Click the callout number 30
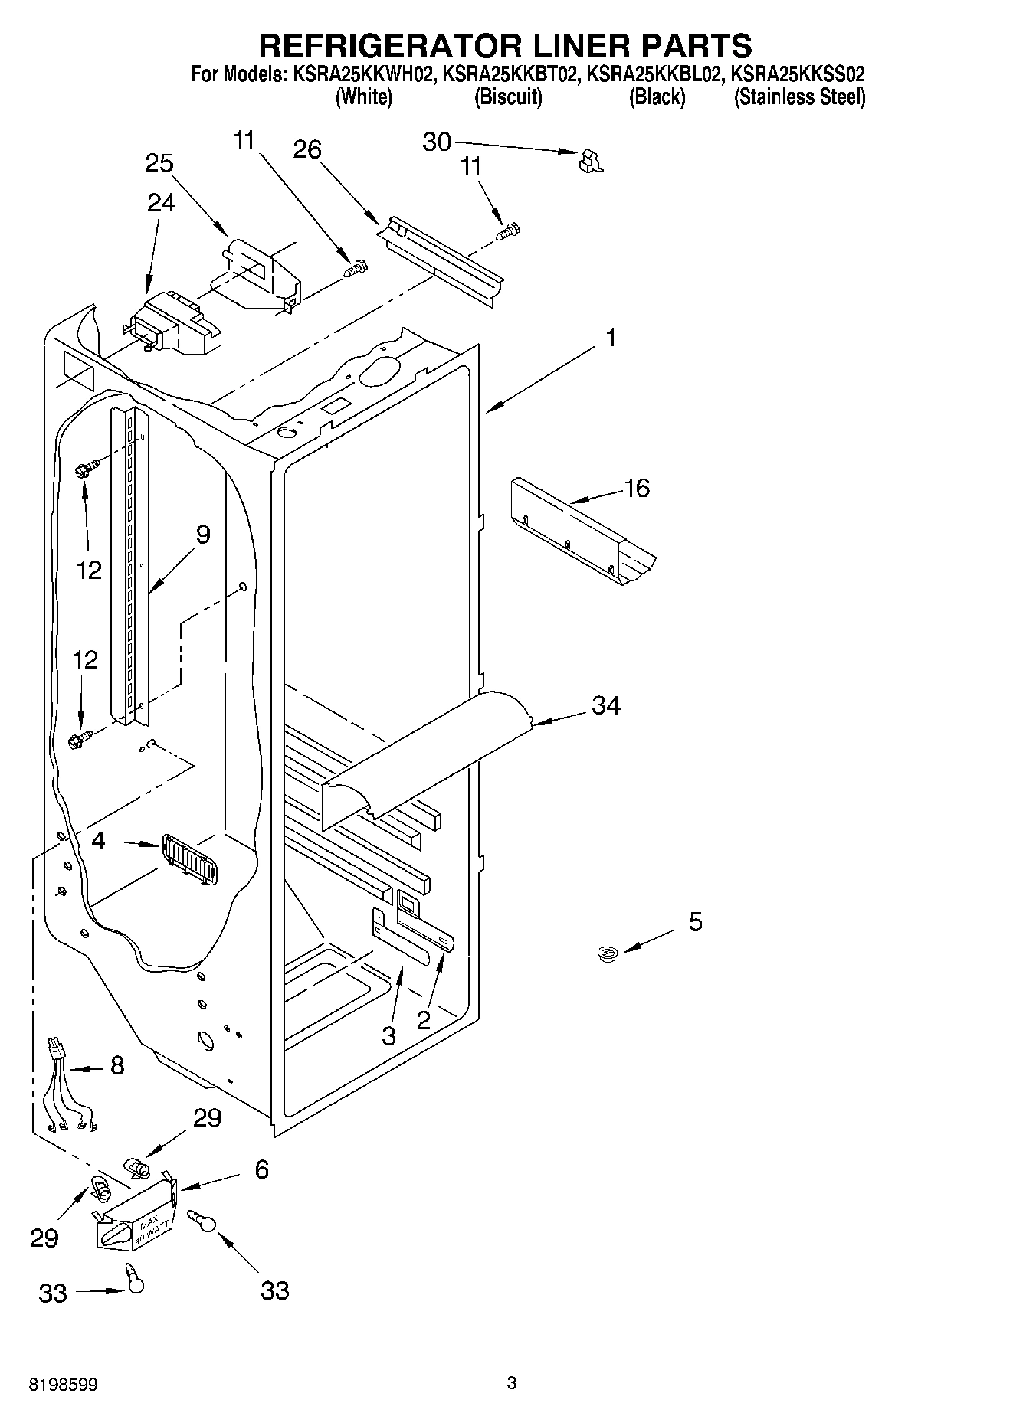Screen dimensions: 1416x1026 (x=438, y=142)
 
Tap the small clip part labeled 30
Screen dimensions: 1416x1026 (x=591, y=160)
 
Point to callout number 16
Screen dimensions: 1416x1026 (x=637, y=488)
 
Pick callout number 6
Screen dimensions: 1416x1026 (x=261, y=1169)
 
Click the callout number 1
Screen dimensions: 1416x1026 (x=611, y=338)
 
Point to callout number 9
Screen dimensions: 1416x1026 (x=202, y=534)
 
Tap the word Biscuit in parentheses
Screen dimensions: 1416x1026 (x=508, y=97)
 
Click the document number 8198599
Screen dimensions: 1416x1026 (x=64, y=1385)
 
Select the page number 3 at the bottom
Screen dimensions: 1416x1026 (x=512, y=1382)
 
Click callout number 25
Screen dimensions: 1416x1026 (x=159, y=164)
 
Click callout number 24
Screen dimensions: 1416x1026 (x=161, y=202)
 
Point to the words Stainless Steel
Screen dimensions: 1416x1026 (x=799, y=97)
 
